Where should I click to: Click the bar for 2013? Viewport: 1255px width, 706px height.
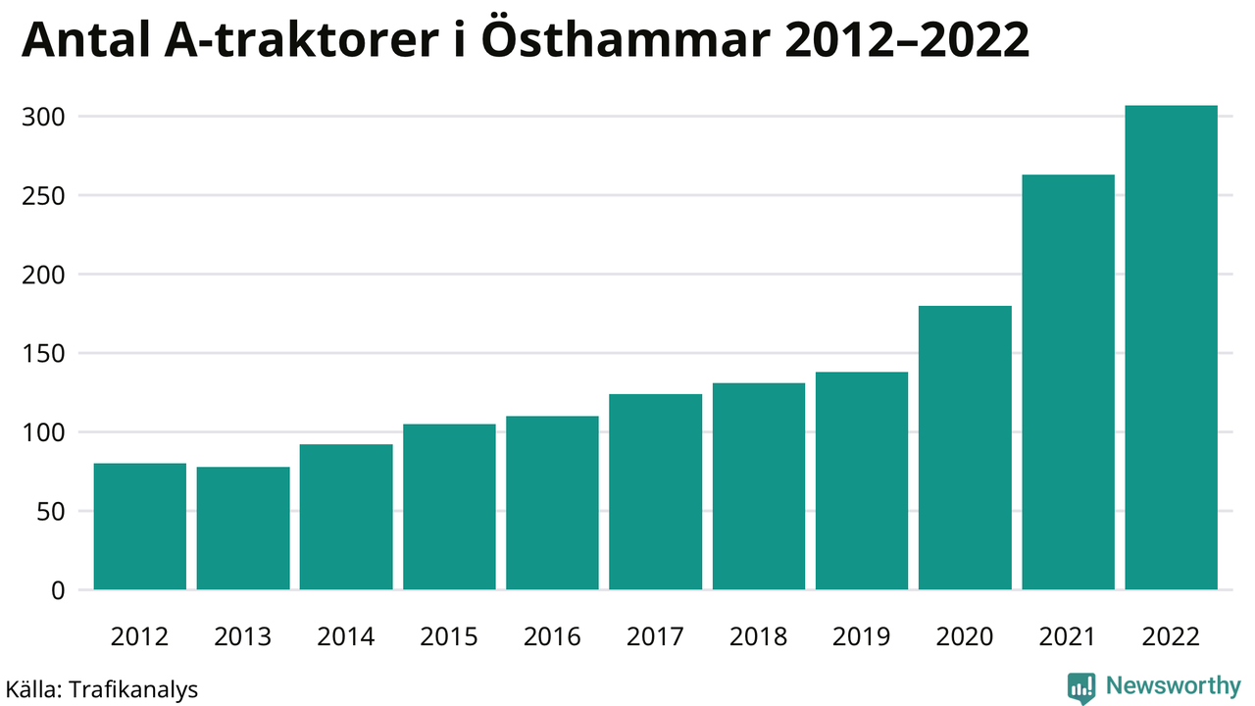pyautogui.click(x=243, y=529)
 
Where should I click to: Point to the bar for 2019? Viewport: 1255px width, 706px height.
pyautogui.click(x=862, y=480)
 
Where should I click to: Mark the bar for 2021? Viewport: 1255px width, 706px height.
pyautogui.click(x=1068, y=382)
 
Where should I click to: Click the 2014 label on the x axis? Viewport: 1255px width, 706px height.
pyautogui.click(x=346, y=637)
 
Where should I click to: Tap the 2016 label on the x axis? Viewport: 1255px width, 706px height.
pyautogui.click(x=552, y=637)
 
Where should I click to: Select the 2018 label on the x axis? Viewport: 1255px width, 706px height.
pyautogui.click(x=758, y=637)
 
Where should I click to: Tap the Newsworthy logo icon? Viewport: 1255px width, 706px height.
pyautogui.click(x=1081, y=687)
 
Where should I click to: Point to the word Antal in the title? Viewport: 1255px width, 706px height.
pyautogui.click(x=86, y=41)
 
